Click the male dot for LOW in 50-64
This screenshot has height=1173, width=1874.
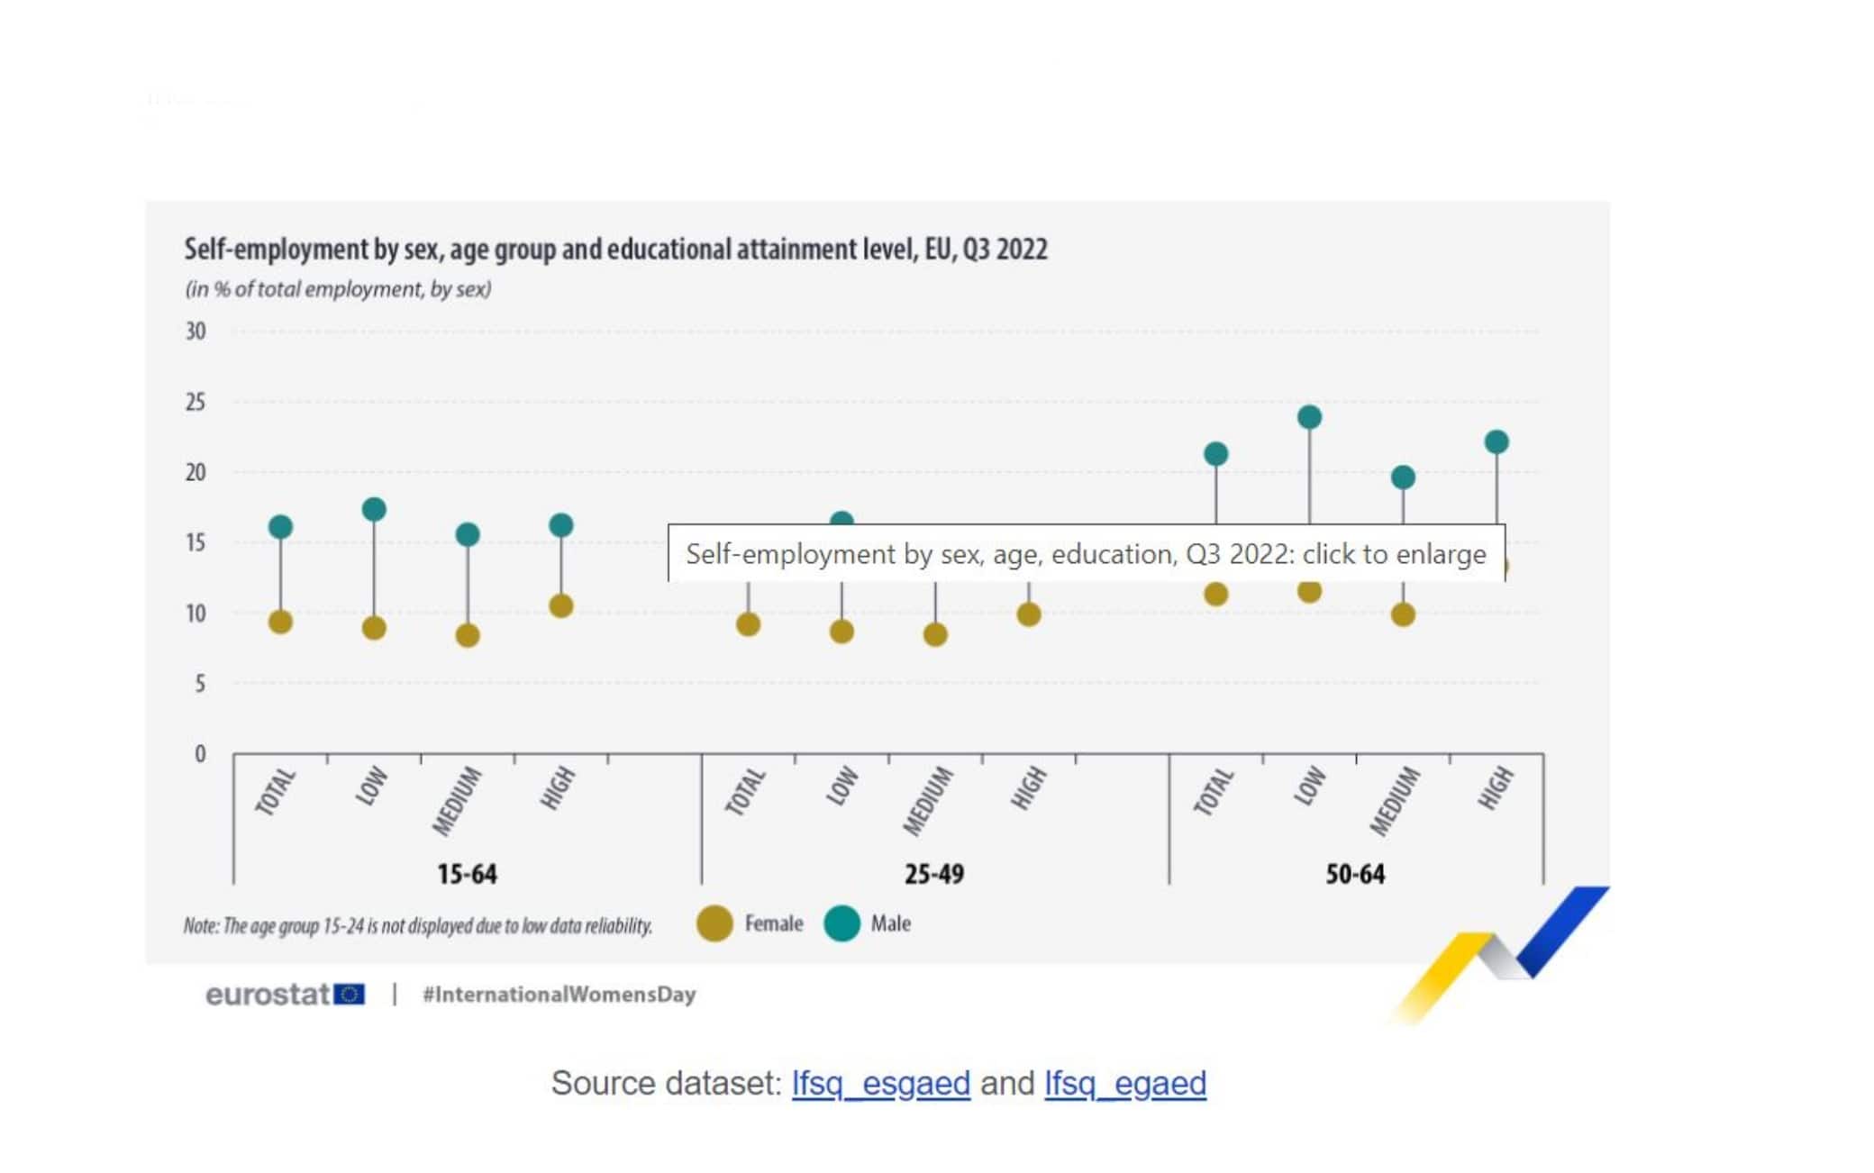click(x=1309, y=417)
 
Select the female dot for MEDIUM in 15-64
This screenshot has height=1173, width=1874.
click(x=468, y=635)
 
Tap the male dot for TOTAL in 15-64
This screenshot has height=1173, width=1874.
click(x=280, y=526)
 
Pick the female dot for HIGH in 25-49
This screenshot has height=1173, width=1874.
click(x=1029, y=614)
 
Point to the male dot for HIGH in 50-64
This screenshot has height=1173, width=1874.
click(x=1496, y=441)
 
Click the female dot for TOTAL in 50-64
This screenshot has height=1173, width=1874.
click(x=1215, y=594)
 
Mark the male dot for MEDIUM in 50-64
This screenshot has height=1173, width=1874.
click(x=1403, y=477)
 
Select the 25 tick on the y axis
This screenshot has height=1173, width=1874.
click(x=196, y=402)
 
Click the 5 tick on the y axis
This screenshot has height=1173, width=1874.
click(x=199, y=684)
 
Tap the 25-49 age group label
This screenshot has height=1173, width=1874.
click(x=934, y=874)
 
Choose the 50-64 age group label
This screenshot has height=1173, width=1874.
click(x=1355, y=874)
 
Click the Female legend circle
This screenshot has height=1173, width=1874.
click(x=714, y=923)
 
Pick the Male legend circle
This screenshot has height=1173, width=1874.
click(x=841, y=923)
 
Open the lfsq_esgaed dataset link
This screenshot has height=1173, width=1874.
click(x=880, y=1083)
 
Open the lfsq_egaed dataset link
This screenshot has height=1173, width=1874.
click(x=1124, y=1083)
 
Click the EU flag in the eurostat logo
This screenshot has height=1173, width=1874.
click(x=350, y=994)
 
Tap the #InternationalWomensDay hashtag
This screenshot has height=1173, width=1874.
click(x=559, y=995)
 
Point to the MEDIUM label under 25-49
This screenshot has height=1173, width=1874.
click(x=928, y=800)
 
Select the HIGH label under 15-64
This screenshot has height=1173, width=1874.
click(x=558, y=788)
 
